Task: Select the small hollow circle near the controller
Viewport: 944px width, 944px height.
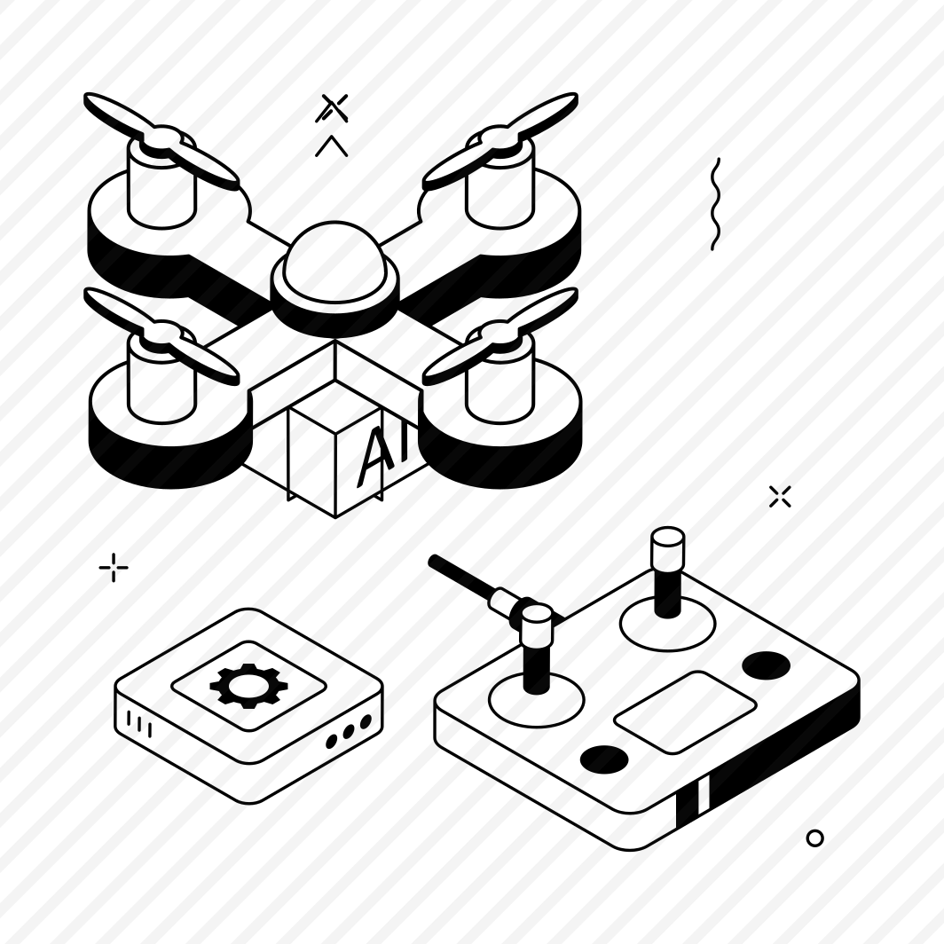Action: [x=814, y=838]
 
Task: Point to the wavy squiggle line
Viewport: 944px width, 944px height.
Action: [x=714, y=203]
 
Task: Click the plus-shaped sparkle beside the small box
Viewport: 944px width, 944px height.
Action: [x=114, y=567]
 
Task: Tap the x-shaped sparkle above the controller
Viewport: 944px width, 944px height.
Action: [x=780, y=497]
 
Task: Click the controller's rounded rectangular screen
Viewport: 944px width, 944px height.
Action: [x=685, y=712]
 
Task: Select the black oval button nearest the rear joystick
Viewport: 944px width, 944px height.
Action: [x=766, y=665]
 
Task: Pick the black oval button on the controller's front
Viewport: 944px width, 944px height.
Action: [x=604, y=759]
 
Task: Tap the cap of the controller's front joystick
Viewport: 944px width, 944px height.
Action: [x=537, y=625]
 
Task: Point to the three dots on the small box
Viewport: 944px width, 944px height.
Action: [x=349, y=731]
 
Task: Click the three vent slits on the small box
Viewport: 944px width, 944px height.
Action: [x=139, y=723]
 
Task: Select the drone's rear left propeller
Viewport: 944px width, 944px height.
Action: [x=161, y=141]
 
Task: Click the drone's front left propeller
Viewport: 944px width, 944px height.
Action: [x=161, y=336]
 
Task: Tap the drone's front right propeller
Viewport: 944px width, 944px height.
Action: [x=500, y=336]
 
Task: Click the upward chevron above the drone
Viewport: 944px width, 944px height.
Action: [x=332, y=146]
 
